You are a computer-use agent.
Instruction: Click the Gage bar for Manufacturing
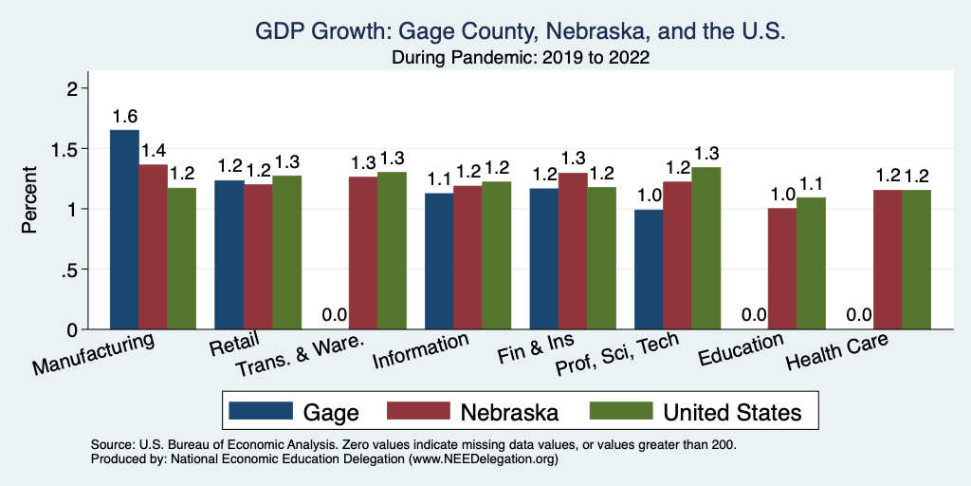click(124, 230)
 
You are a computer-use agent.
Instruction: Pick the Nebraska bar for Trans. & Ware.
click(363, 252)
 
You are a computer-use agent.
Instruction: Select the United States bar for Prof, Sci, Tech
click(705, 248)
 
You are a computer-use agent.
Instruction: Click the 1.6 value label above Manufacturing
click(124, 117)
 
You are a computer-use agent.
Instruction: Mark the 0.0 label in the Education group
click(753, 315)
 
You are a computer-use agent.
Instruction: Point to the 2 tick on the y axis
click(71, 88)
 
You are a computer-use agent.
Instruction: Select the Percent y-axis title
click(30, 200)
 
